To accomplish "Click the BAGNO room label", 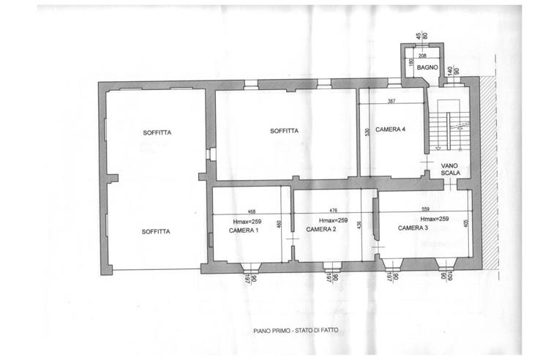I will coord(427,68).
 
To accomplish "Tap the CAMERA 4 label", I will coord(390,130).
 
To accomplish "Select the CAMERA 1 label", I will coord(244,230).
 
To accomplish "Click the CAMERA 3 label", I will coord(413,228).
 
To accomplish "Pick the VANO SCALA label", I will coord(450,170).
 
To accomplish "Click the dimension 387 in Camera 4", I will coord(391,101).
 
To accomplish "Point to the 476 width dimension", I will coord(333,210).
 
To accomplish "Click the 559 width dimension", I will coord(424,209).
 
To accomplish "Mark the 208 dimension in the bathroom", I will coord(422,55).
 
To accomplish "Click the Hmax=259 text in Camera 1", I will coord(247,221).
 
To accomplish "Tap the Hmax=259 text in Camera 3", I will coord(434,219).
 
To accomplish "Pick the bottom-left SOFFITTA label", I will coord(156,231).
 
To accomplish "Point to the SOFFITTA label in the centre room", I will coord(283,131).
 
